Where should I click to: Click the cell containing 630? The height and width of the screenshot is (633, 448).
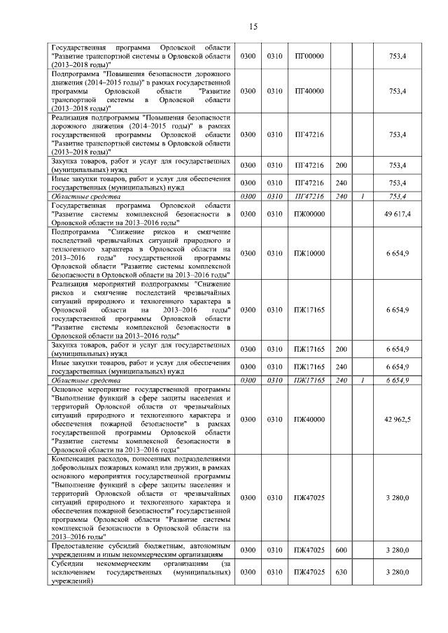tap(342, 572)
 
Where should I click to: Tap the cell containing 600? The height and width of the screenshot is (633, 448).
tap(342, 550)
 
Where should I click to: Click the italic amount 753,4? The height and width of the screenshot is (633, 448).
tap(398, 197)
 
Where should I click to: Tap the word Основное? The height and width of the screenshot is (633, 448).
tap(71, 388)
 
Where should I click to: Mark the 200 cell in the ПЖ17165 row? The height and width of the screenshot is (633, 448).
tap(342, 349)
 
